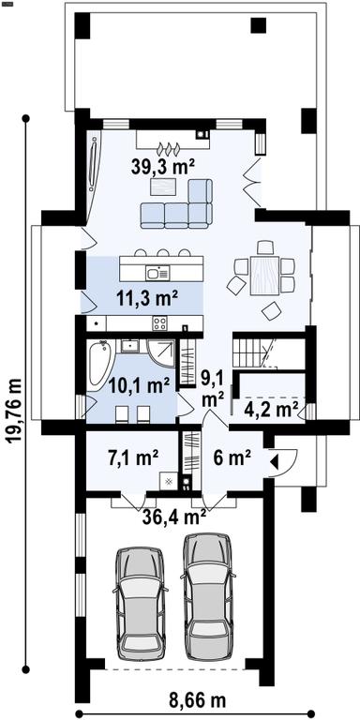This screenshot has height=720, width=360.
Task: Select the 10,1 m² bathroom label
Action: [139, 384]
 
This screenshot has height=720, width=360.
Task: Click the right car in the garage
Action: [207, 596]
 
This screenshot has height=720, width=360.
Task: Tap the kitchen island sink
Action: [157, 273]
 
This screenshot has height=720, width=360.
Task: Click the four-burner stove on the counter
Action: [160, 322]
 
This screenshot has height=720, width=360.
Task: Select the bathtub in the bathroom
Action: [99, 362]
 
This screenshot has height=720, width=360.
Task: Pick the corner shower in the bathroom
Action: [162, 353]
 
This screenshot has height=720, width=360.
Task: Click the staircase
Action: [252, 352]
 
